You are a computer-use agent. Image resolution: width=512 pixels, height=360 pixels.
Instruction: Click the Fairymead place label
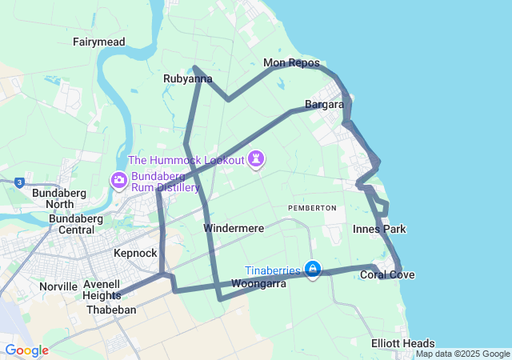pos(99,42)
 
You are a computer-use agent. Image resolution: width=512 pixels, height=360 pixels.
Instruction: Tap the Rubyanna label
pos(187,78)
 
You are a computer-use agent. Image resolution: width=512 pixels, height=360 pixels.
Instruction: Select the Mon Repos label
pos(291,63)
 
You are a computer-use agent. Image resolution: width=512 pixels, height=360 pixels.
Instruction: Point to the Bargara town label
pos(324,105)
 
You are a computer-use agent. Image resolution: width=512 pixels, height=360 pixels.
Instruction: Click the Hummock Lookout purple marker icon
pos(256,159)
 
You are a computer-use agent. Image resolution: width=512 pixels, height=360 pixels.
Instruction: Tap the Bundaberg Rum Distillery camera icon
pos(119,179)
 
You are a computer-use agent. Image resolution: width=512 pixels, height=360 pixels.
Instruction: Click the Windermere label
pos(234,228)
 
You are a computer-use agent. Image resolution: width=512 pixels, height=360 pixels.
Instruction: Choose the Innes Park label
pos(379,230)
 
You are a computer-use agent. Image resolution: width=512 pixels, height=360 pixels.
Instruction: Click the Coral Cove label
pos(387,275)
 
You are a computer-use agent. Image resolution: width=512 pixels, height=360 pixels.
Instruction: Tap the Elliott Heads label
pos(403,343)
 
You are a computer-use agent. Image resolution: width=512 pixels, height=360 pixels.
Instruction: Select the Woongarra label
pos(258,283)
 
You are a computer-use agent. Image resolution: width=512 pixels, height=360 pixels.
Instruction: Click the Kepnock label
pos(135,253)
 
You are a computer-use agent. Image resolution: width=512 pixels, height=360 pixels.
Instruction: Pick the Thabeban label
pos(111,310)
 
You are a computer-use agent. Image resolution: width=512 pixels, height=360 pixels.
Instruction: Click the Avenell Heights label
pos(101,290)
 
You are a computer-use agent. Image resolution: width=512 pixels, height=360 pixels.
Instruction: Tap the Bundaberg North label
pos(54,198)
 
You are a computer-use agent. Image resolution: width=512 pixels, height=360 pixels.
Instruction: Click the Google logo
pos(26,350)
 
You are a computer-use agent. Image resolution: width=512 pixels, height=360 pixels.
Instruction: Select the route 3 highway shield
pos(18,182)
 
